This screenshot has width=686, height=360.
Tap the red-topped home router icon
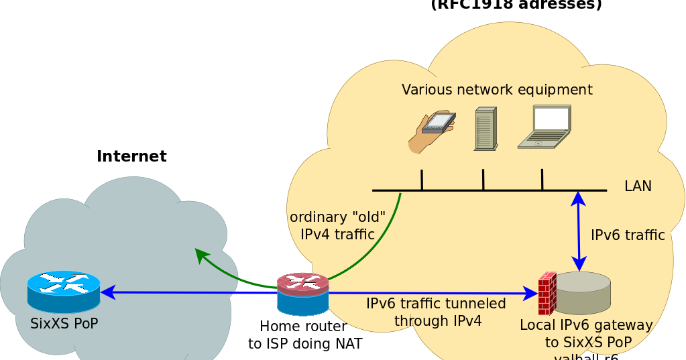[x=303, y=294]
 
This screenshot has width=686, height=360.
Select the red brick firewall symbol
[x=547, y=294]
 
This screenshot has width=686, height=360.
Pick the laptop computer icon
[x=545, y=127]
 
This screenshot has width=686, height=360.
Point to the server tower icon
[x=485, y=128]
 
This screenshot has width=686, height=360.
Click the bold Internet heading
[x=131, y=156]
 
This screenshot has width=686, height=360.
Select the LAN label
[x=638, y=186]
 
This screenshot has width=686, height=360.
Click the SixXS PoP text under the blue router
[x=64, y=324]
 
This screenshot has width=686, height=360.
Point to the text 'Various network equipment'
[x=497, y=89]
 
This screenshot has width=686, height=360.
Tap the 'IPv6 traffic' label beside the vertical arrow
[x=628, y=235]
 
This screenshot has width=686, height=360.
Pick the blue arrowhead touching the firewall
[x=530, y=293]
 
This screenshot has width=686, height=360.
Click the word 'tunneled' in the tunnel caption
[x=479, y=304]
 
